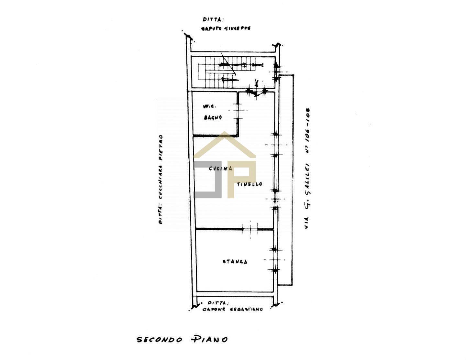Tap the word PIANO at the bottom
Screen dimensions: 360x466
pyautogui.click(x=209, y=339)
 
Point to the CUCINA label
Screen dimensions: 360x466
pyautogui.click(x=220, y=169)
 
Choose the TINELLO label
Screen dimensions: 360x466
pyautogui.click(x=249, y=184)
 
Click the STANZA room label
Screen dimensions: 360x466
pyautogui.click(x=235, y=262)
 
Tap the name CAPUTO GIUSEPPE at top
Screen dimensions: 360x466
pyautogui.click(x=226, y=28)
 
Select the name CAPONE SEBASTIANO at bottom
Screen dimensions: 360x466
pyautogui.click(x=233, y=309)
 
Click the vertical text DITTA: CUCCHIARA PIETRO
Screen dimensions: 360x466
pyautogui.click(x=161, y=180)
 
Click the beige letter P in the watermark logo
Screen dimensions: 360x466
pyautogui.click(x=241, y=178)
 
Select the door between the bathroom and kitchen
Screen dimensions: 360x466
pyautogui.click(x=239, y=111)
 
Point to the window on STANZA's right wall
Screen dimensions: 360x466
pyautogui.click(x=275, y=260)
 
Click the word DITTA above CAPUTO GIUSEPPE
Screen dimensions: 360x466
pyautogui.click(x=214, y=19)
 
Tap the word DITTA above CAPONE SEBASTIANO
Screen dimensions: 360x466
pyautogui.click(x=218, y=303)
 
